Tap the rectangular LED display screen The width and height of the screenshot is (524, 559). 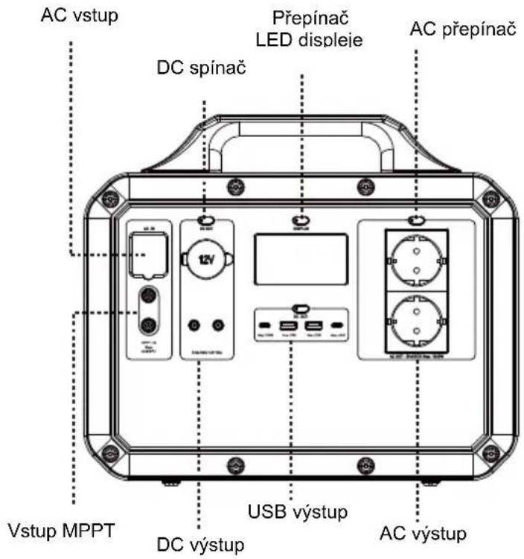[301, 258]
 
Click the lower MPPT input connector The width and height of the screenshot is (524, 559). [148, 324]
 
